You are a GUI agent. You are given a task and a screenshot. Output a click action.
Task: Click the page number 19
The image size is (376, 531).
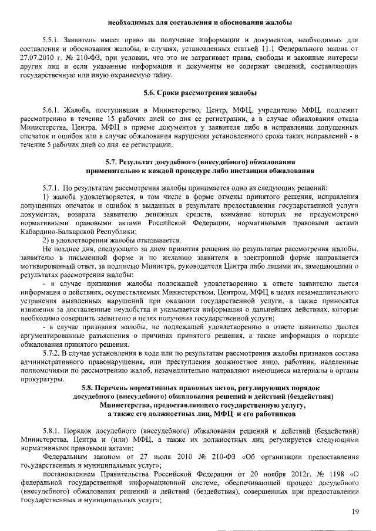[355, 512]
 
